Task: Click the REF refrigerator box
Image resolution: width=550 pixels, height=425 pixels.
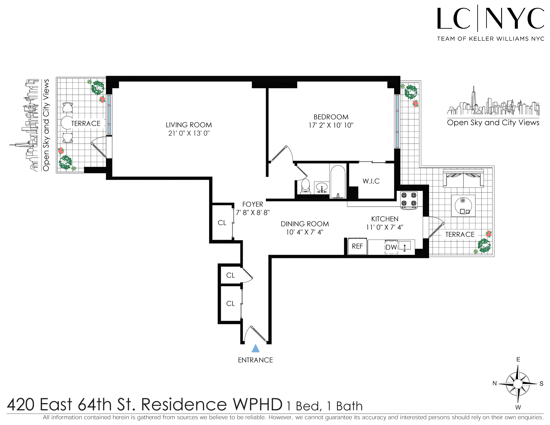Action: coord(357,246)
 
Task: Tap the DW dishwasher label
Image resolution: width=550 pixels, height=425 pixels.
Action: coord(391,247)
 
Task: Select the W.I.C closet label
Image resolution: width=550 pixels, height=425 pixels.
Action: coord(371,181)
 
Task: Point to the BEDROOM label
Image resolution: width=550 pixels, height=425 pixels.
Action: coord(331,117)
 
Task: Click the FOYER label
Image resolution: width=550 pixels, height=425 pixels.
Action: coord(253,204)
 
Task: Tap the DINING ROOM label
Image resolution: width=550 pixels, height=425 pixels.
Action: coord(305,224)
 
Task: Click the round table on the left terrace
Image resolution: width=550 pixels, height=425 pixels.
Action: coord(66,123)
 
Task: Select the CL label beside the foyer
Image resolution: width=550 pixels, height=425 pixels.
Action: coord(222,223)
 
